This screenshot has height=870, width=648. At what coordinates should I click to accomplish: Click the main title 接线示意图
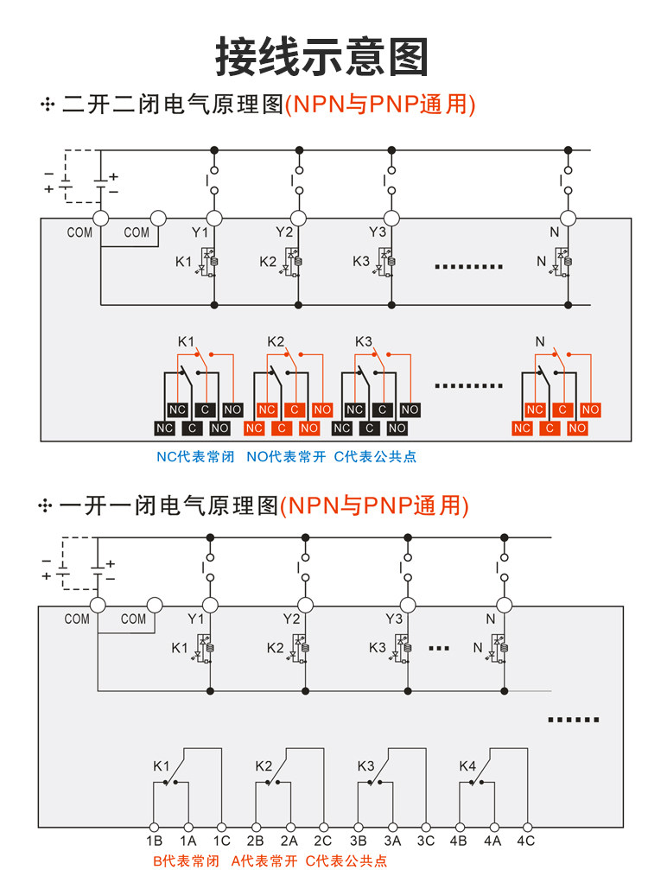(x=322, y=57)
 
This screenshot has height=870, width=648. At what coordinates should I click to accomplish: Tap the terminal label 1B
(x=155, y=841)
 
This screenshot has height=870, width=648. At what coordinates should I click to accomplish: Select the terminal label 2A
(x=289, y=841)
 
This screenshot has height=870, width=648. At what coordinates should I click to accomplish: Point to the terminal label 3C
(x=426, y=841)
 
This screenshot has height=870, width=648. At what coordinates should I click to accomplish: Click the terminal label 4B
(x=458, y=841)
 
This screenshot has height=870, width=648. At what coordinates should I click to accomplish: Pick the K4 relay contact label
(x=467, y=766)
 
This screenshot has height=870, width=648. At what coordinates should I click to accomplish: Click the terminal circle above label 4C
(x=528, y=828)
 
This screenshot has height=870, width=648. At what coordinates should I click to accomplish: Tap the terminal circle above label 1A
(x=188, y=828)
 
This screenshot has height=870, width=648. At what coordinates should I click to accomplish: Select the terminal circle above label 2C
(x=324, y=828)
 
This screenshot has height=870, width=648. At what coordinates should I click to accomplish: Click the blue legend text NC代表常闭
(x=195, y=457)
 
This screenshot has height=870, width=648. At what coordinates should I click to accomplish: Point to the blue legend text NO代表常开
(x=286, y=457)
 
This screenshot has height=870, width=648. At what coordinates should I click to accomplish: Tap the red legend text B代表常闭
(x=186, y=861)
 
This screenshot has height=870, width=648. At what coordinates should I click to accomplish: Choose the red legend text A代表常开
(x=264, y=861)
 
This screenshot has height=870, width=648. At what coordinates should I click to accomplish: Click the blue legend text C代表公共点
(x=375, y=457)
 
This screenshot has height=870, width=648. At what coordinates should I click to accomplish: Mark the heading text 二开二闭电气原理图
(x=173, y=105)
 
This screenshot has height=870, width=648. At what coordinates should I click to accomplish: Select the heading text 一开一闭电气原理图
(x=168, y=505)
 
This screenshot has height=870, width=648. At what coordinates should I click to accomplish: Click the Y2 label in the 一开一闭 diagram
(x=291, y=619)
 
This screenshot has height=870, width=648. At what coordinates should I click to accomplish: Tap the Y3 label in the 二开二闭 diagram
(x=378, y=232)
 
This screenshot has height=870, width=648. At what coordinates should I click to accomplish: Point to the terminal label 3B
(x=358, y=841)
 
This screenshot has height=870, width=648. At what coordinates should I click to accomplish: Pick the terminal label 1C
(x=222, y=841)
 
